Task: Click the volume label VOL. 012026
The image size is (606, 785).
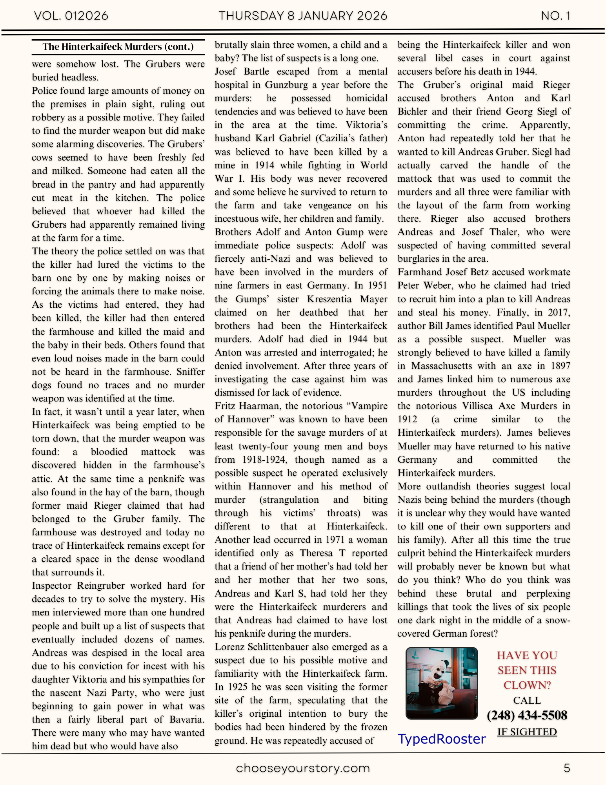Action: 71,16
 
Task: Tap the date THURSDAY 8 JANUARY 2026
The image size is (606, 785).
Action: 303,16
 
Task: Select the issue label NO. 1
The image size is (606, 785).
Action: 555,16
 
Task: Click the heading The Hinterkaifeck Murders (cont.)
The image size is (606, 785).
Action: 118,47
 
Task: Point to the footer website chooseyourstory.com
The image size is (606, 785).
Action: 303,768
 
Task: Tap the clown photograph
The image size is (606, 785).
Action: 442,683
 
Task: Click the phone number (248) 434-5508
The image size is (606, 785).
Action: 527,715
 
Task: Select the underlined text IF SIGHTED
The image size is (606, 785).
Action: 527,732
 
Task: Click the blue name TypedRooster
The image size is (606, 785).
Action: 442,739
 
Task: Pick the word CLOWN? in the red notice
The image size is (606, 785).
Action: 527,685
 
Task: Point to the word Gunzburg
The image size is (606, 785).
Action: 286,85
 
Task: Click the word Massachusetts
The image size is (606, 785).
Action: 442,366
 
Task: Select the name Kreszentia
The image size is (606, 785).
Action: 329,299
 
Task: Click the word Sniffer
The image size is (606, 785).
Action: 190,372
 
